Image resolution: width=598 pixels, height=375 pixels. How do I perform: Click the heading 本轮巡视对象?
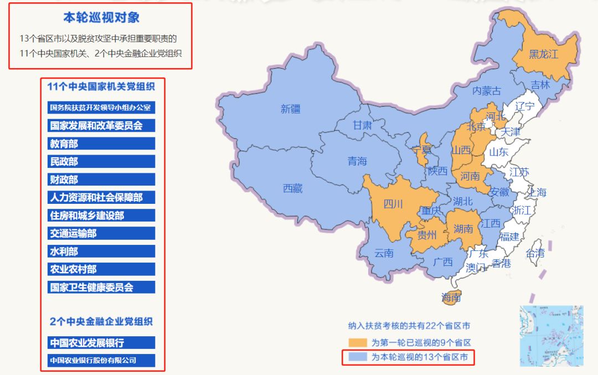pyautogui.click(x=101, y=18)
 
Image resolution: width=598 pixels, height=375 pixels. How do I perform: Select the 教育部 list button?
pyautogui.click(x=101, y=143)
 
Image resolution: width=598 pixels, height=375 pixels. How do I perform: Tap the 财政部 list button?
pyautogui.click(x=101, y=179)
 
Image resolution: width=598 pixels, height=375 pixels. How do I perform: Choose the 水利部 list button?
pyautogui.click(x=101, y=251)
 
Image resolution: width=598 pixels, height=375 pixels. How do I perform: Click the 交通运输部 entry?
pyautogui.click(x=101, y=233)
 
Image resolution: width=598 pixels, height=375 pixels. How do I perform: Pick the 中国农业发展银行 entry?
pyautogui.click(x=101, y=342)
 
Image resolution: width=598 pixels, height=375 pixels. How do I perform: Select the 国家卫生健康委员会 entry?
pyautogui.click(x=101, y=287)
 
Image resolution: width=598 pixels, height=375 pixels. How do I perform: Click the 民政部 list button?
pyautogui.click(x=101, y=161)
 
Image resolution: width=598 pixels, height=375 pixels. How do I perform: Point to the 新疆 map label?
pyautogui.click(x=290, y=109)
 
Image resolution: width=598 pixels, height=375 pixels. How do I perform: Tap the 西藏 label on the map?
pyautogui.click(x=293, y=188)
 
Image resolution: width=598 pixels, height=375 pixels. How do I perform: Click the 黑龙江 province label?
pyautogui.click(x=543, y=54)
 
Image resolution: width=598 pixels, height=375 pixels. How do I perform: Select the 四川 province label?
pyautogui.click(x=393, y=204)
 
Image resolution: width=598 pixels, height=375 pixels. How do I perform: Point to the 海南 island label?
pyautogui.click(x=451, y=298)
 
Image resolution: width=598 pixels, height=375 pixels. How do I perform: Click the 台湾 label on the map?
pyautogui.click(x=535, y=253)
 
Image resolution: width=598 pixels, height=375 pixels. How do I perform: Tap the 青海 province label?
pyautogui.click(x=357, y=161)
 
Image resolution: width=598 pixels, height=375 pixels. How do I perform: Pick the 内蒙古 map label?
pyautogui.click(x=487, y=91)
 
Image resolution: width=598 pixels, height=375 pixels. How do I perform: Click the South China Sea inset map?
pyautogui.click(x=551, y=336)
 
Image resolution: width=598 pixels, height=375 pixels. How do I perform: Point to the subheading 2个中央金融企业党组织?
pyautogui.click(x=101, y=321)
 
